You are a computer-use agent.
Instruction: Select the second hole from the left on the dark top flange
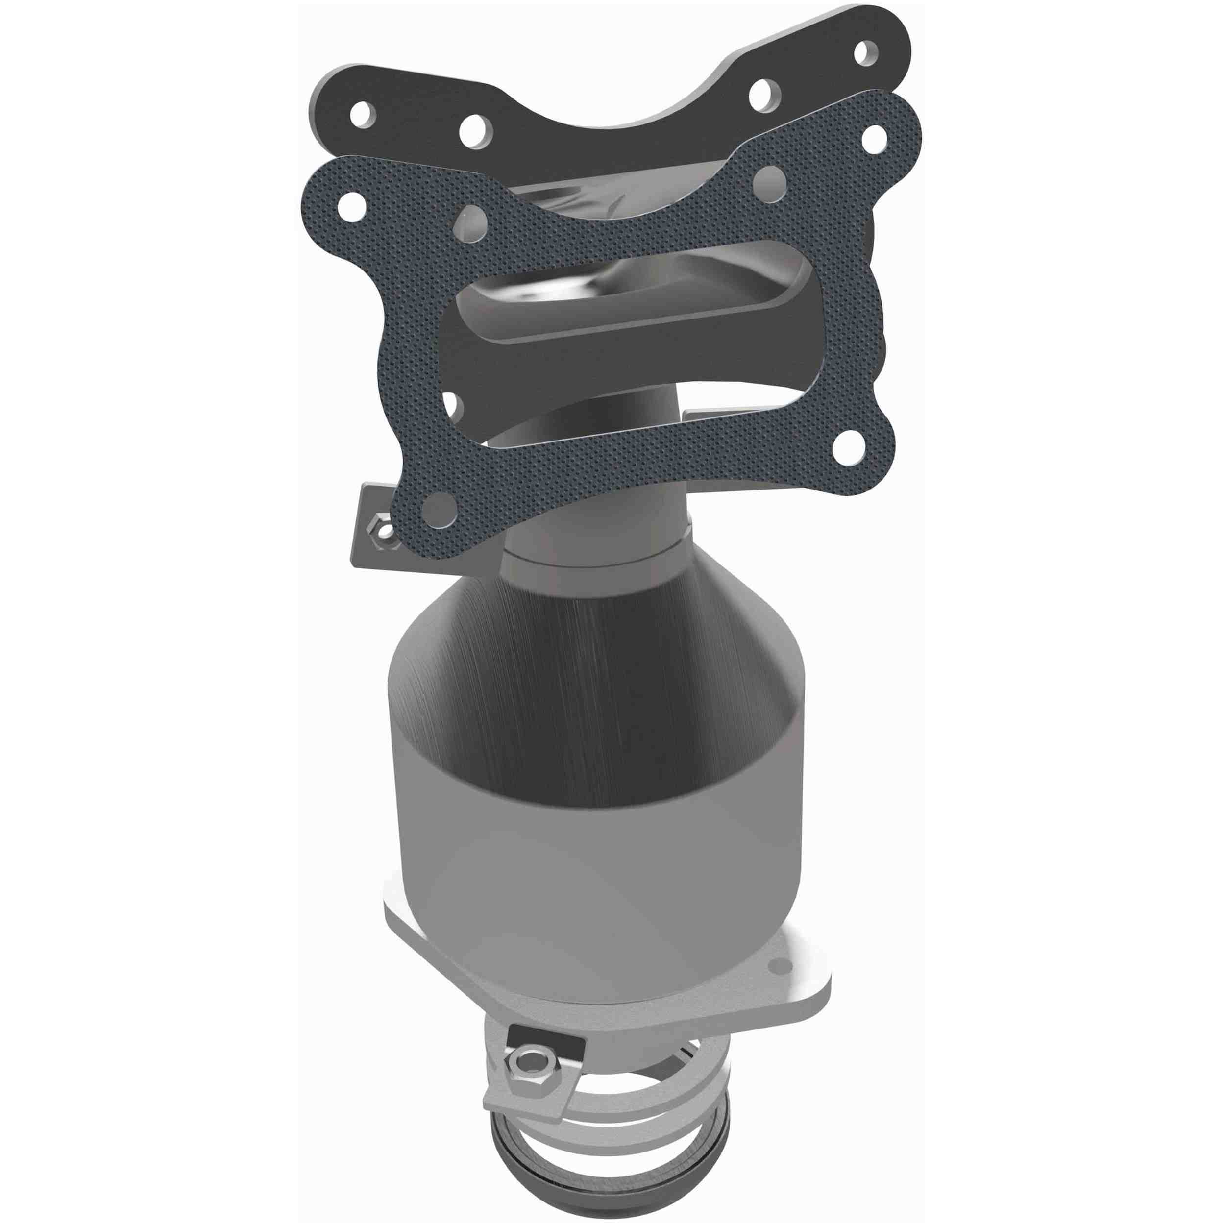(x=475, y=129)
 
